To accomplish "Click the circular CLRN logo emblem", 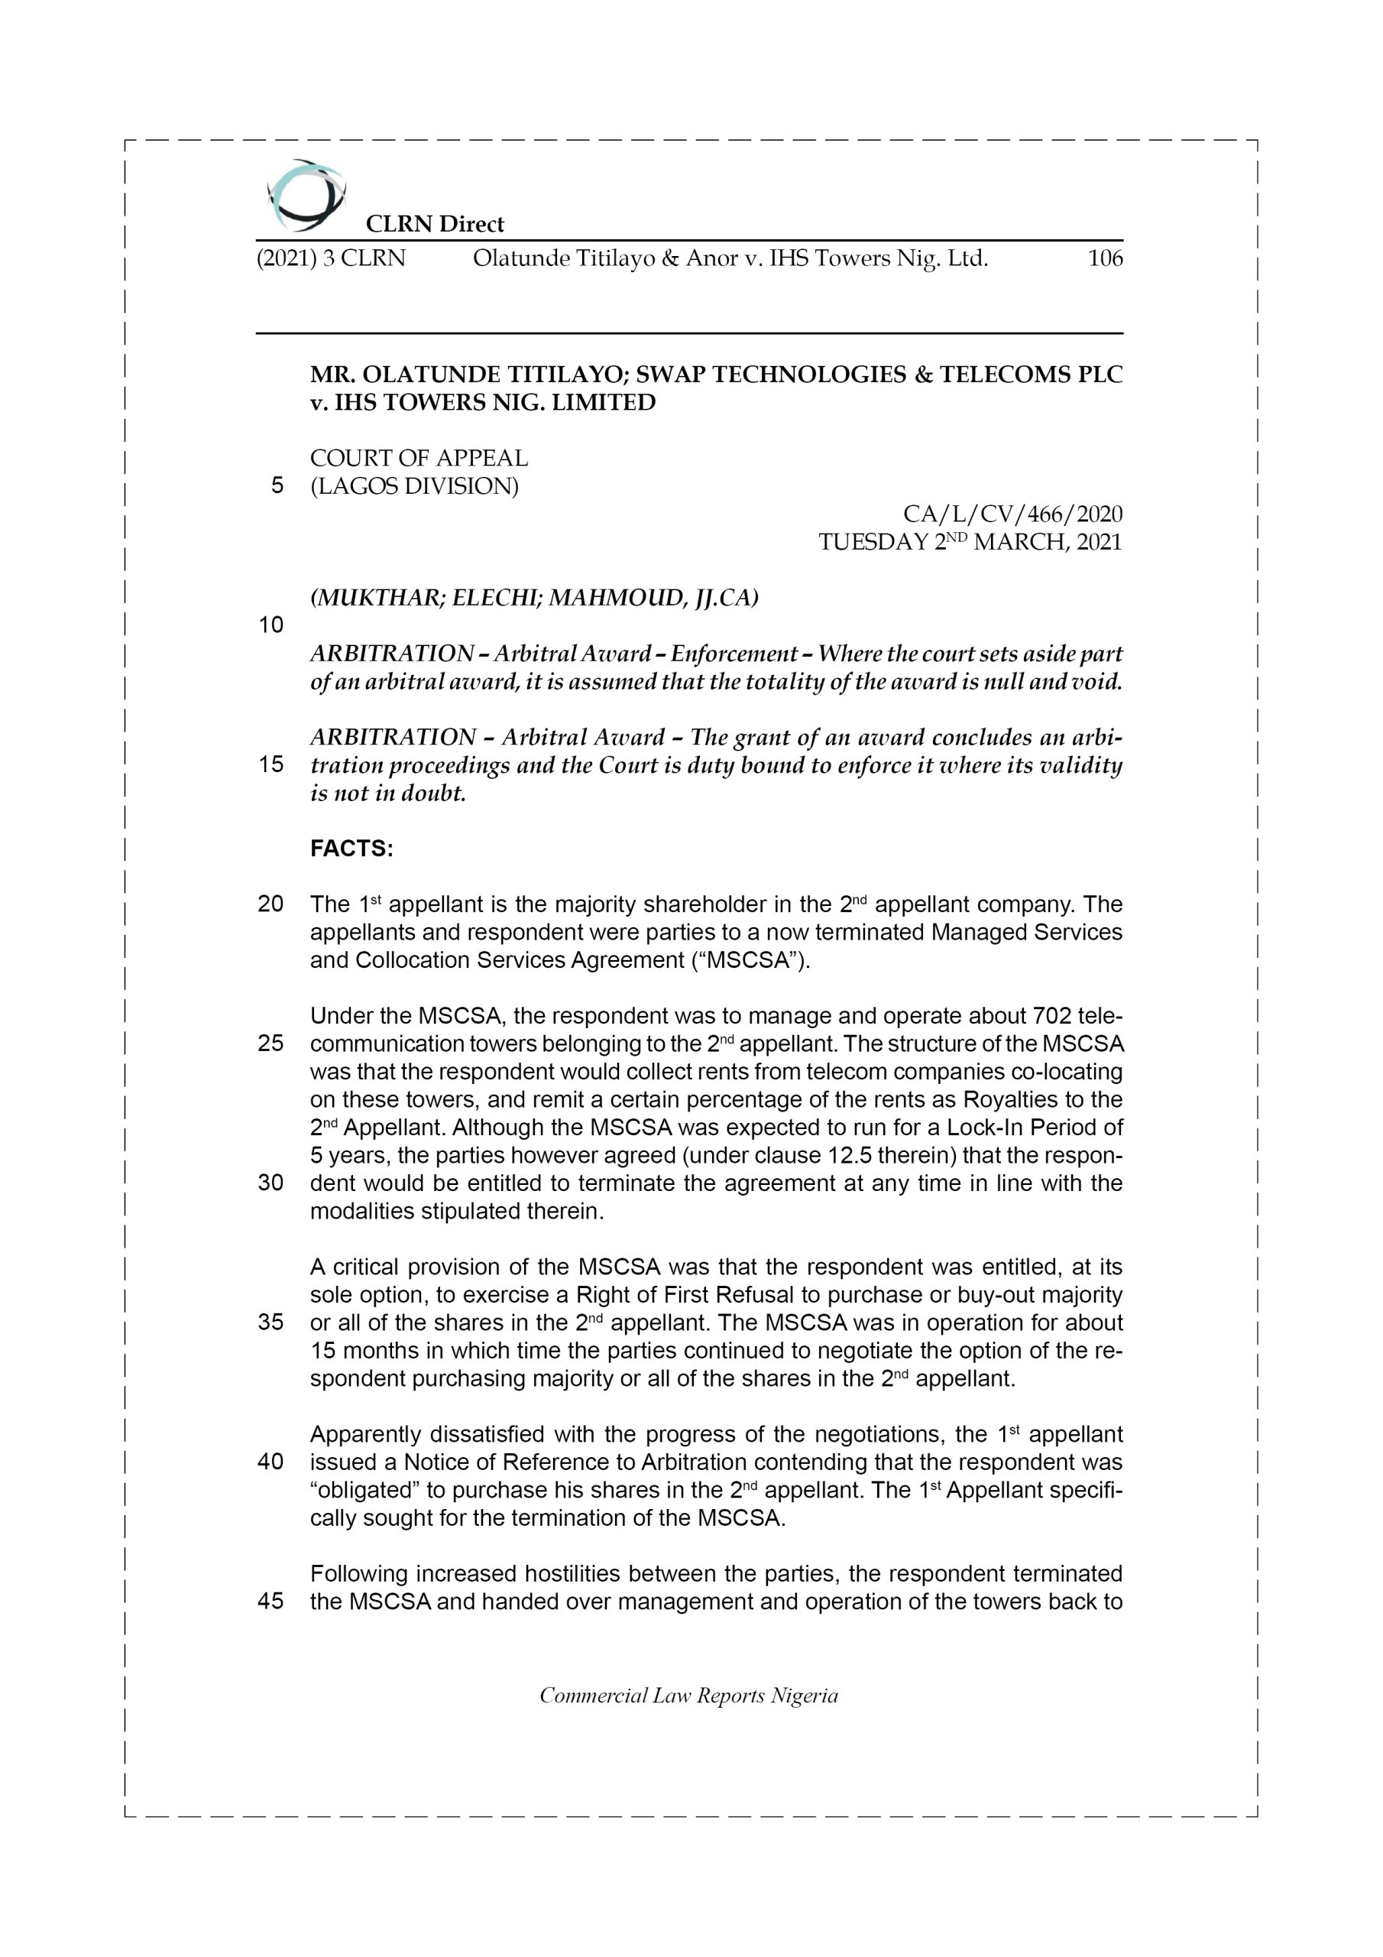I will point(305,195).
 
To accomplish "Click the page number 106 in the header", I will point(1105,258).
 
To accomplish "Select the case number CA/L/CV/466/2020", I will point(1012,514).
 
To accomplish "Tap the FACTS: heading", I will point(351,849).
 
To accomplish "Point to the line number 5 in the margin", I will point(277,486).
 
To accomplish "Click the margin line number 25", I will point(270,1043).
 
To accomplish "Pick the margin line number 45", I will point(270,1602).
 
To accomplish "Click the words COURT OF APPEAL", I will point(419,459).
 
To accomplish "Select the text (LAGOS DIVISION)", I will point(414,487).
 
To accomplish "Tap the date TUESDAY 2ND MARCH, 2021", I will point(970,542).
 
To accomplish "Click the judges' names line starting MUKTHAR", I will point(533,599).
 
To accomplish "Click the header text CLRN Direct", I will point(435,224).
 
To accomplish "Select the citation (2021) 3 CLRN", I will point(331,258).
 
